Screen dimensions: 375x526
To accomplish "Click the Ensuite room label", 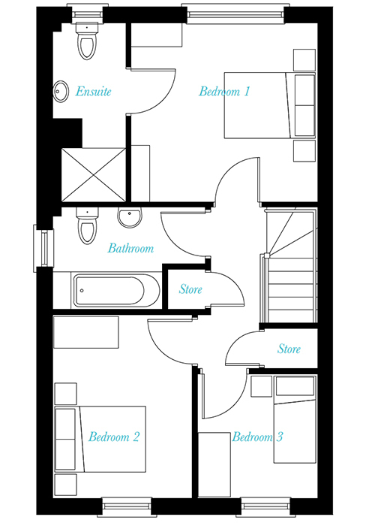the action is pyautogui.click(x=93, y=91).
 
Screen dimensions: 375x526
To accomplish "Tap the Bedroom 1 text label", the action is pyautogui.click(x=224, y=91).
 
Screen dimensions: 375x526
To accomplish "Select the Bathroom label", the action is pyautogui.click(x=130, y=248).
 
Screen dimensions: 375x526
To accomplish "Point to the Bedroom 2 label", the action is pyautogui.click(x=114, y=437).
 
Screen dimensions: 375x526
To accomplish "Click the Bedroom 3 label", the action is pyautogui.click(x=257, y=437).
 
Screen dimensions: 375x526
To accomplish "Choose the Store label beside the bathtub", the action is pyautogui.click(x=190, y=289).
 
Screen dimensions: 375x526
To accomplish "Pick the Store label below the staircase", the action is pyautogui.click(x=289, y=349).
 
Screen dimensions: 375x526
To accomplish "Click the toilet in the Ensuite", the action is pyautogui.click(x=87, y=41).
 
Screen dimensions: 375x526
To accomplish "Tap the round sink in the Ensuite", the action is pyautogui.click(x=61, y=91).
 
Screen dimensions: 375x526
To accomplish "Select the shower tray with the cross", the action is pyautogui.click(x=94, y=175).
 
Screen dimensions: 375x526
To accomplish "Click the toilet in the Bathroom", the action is pyautogui.click(x=88, y=225).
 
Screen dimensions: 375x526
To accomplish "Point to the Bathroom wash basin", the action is pyautogui.click(x=130, y=217).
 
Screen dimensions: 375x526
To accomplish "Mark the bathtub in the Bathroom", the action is pyautogui.click(x=116, y=291).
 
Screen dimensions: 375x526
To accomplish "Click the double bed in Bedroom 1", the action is pyautogui.click(x=270, y=105).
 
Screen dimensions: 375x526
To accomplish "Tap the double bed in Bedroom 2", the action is pyautogui.click(x=100, y=439).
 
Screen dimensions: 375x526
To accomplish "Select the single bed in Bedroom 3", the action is pyautogui.click(x=295, y=419).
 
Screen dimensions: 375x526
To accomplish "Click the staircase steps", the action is pyautogui.click(x=290, y=265).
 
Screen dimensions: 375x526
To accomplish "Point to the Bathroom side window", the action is pyautogui.click(x=43, y=248).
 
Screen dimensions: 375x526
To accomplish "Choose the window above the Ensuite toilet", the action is pyautogui.click(x=88, y=14).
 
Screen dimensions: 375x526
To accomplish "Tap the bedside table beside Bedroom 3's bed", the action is pyautogui.click(x=261, y=386).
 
